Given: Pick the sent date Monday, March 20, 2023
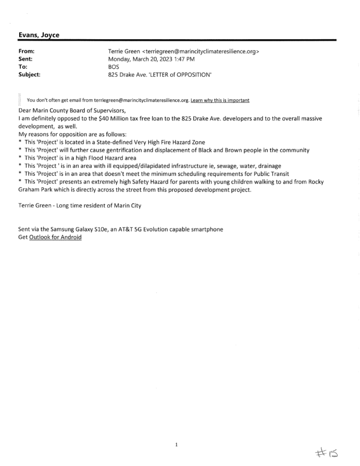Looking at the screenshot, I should pyautogui.click(x=137, y=59).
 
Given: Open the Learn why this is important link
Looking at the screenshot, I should pyautogui.click(x=220, y=100).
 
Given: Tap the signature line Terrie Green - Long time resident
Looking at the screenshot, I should pyautogui.click(x=80, y=206).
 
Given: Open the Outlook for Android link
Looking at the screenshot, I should pyautogui.click(x=55, y=238).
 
